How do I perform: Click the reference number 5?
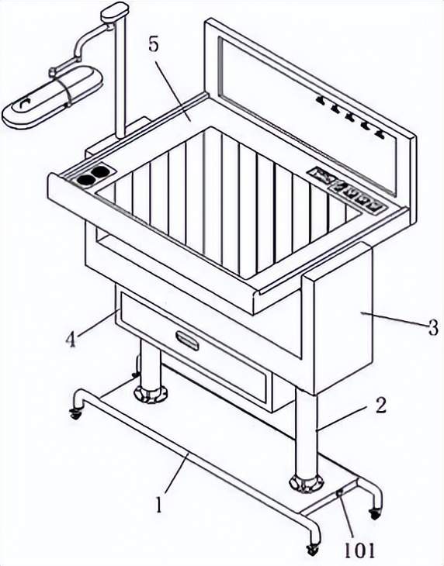(x=154, y=46)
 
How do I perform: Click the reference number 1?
(x=158, y=504)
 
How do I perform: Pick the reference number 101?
(x=359, y=550)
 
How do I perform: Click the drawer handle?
(x=187, y=340)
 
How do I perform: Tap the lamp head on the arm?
(x=52, y=97)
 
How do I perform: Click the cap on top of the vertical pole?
(x=115, y=11)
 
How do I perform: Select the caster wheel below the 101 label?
(x=312, y=550)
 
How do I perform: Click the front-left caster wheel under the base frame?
(x=76, y=414)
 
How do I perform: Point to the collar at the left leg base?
(x=151, y=394)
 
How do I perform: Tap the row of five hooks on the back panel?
(x=350, y=117)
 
